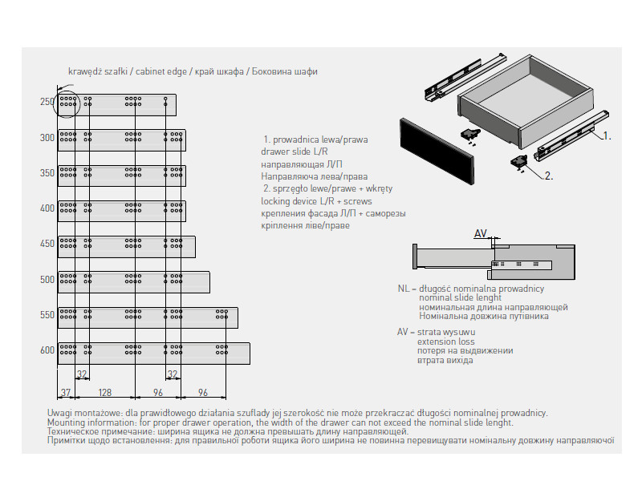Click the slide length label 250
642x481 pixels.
[x=47, y=102]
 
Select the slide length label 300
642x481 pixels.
[x=47, y=138]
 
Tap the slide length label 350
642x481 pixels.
[x=47, y=173]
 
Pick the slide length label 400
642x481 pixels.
[x=47, y=208]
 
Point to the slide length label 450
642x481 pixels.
[x=47, y=244]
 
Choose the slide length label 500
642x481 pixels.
[x=47, y=280]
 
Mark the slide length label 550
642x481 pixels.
[x=47, y=315]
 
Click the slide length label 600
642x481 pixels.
[x=47, y=350]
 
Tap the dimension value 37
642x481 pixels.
[x=67, y=393]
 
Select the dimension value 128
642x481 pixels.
[x=104, y=393]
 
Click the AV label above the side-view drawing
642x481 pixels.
[x=481, y=234]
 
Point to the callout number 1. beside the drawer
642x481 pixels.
[x=607, y=136]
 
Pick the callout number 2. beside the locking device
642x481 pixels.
[x=549, y=175]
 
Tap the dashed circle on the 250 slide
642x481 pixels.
[x=67, y=103]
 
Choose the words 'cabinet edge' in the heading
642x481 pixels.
[x=161, y=71]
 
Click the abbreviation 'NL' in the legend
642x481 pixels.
[x=403, y=288]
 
